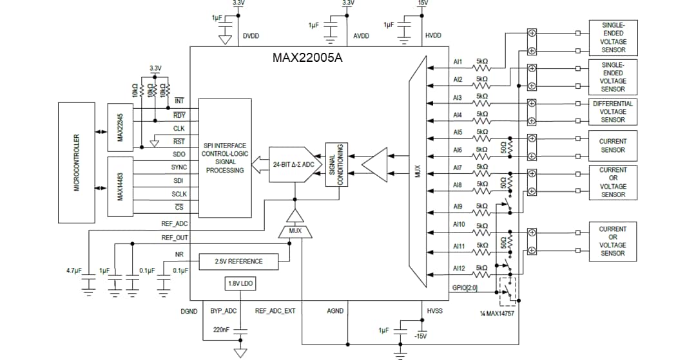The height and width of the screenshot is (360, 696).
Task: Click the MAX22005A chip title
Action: coord(307,58)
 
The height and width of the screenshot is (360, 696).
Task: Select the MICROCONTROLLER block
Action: coord(77,162)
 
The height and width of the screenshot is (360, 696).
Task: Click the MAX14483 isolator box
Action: coord(121,187)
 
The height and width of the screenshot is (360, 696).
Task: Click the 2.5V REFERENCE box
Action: coord(239,261)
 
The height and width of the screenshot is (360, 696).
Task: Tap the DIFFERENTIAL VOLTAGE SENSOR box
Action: coord(612,111)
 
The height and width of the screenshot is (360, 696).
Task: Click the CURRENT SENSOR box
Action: coord(612,146)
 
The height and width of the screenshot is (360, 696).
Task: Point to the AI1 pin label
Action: coord(458,63)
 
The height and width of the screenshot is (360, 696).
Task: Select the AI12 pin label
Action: coord(459,268)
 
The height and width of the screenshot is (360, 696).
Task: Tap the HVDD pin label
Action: coord(434,36)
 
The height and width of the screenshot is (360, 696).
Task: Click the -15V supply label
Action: coord(420,336)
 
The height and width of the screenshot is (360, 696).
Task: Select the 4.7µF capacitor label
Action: coord(73,270)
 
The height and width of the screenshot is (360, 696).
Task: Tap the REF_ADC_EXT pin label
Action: coord(275,311)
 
